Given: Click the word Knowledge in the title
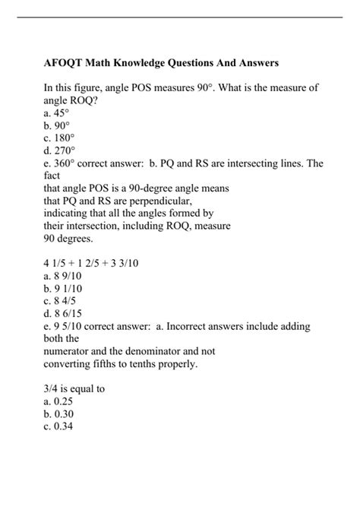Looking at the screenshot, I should (x=147, y=60).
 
